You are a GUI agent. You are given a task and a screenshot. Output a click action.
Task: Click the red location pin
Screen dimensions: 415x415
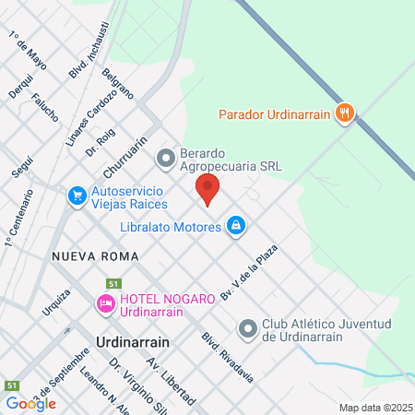tap(207, 188)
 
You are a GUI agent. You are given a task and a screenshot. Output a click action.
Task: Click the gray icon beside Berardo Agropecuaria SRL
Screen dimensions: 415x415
tap(166, 160)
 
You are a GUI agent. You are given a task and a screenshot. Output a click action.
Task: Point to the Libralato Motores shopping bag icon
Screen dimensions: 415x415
tap(237, 225)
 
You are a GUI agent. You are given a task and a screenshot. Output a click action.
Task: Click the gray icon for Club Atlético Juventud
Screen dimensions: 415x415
tap(247, 328)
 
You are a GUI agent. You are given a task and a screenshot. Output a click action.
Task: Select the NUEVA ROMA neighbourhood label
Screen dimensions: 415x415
tap(95, 255)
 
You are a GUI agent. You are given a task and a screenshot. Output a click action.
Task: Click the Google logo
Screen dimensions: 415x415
tap(30, 403)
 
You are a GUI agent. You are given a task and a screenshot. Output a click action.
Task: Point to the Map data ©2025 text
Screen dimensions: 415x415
tap(373, 408)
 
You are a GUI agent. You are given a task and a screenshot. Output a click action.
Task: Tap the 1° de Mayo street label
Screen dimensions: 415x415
tap(28, 49)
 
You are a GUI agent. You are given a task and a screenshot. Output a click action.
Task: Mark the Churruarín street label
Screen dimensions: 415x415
tap(126, 158)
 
